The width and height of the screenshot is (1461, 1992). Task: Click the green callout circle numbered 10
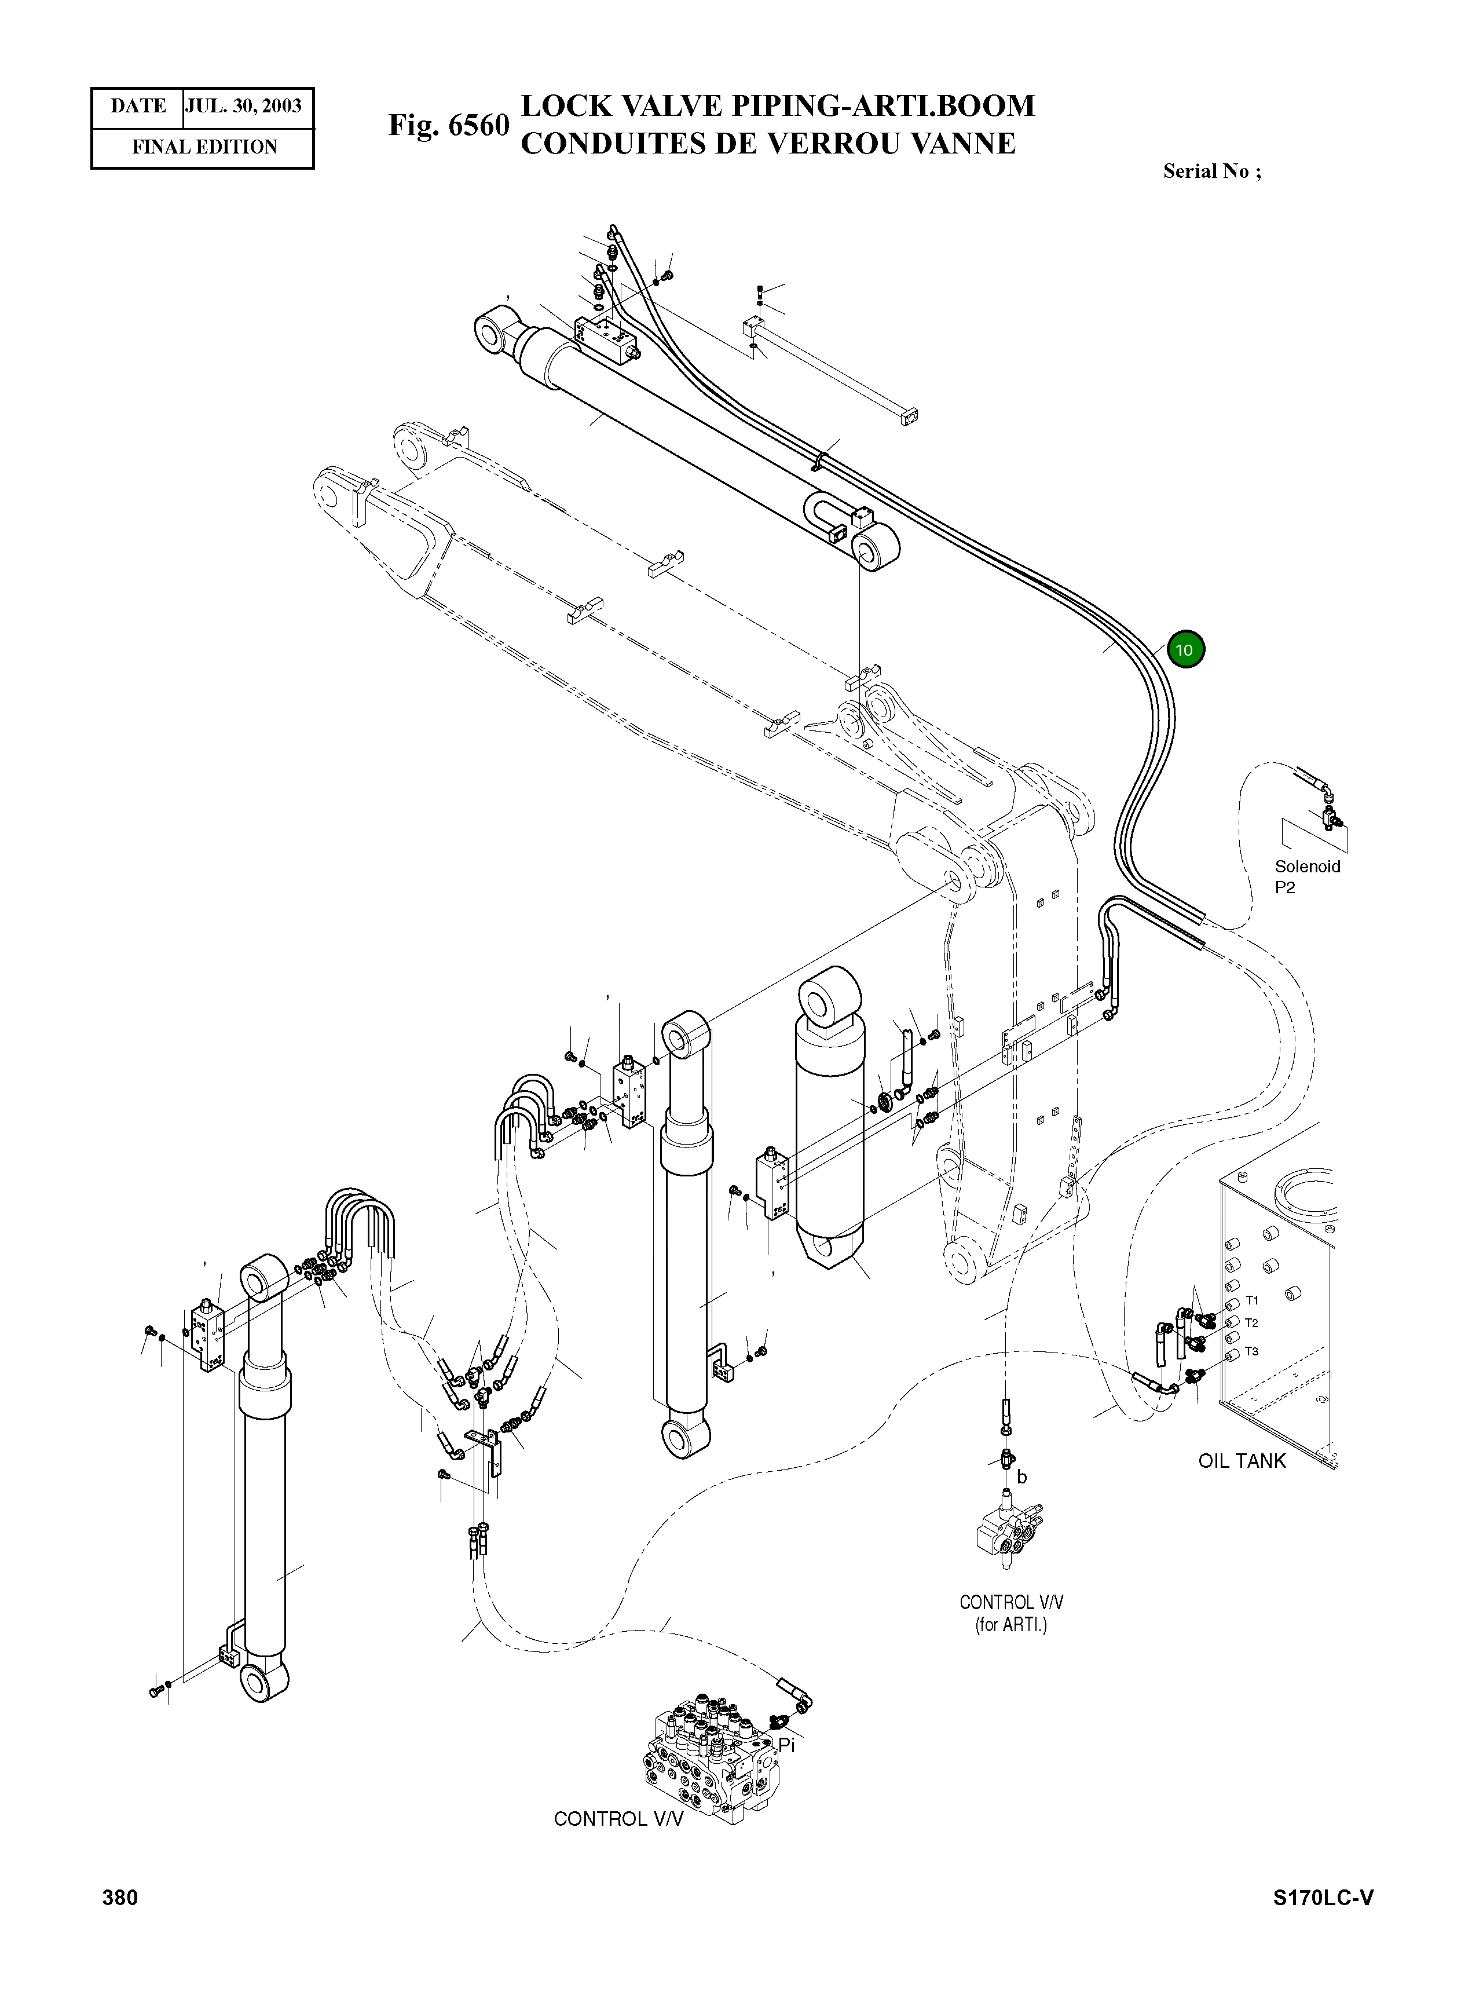pyautogui.click(x=1185, y=649)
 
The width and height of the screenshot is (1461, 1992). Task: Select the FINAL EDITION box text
pyautogui.click(x=204, y=147)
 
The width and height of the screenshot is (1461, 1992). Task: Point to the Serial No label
pyautogui.click(x=1211, y=171)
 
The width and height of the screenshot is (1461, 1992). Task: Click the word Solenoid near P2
pyautogui.click(x=1306, y=867)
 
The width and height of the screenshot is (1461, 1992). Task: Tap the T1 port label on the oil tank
pyautogui.click(x=1251, y=1300)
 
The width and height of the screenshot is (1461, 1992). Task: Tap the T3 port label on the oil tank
pyautogui.click(x=1251, y=1351)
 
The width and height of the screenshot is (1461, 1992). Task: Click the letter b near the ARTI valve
pyautogui.click(x=1021, y=1476)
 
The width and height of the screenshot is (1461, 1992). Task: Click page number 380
pyautogui.click(x=120, y=1898)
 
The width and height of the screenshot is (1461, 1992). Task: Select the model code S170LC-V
pyautogui.click(x=1323, y=1898)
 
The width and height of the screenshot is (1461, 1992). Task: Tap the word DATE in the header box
pyautogui.click(x=138, y=106)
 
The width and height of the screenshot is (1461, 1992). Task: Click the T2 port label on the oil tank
pyautogui.click(x=1251, y=1324)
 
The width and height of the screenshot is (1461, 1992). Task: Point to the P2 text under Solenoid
pyautogui.click(x=1284, y=888)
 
